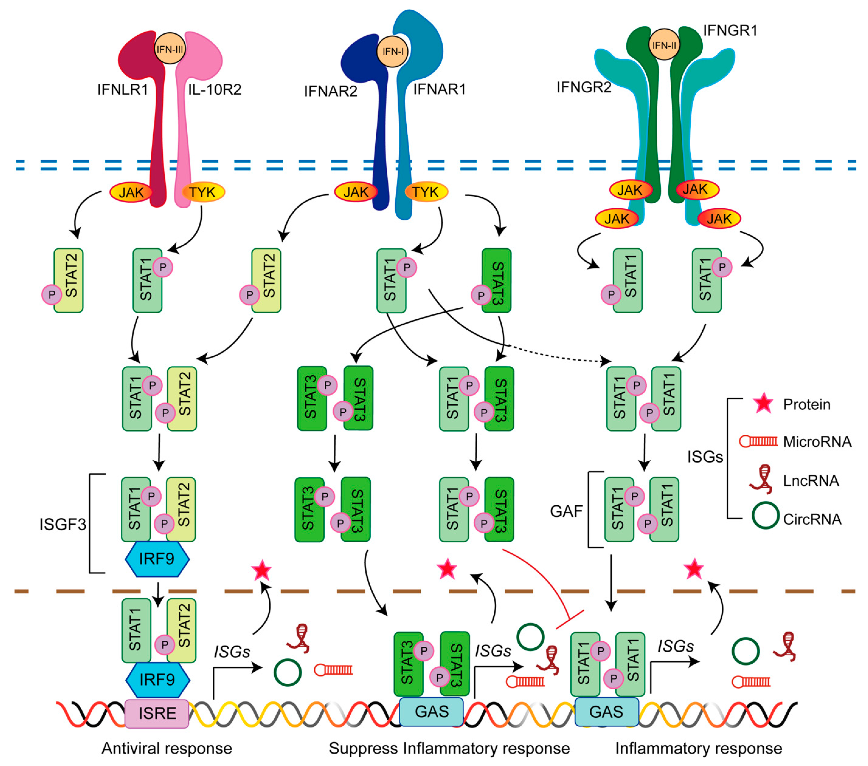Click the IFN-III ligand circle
point(170,48)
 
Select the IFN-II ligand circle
point(664,45)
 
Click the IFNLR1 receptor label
point(122,90)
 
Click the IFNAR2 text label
point(330,91)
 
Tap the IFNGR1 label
point(730,31)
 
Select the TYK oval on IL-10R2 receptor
point(202,192)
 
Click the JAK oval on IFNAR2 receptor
point(355,192)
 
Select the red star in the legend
point(763,403)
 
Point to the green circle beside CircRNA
point(765,515)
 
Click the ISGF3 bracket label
point(62,524)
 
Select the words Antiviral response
point(167,748)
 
